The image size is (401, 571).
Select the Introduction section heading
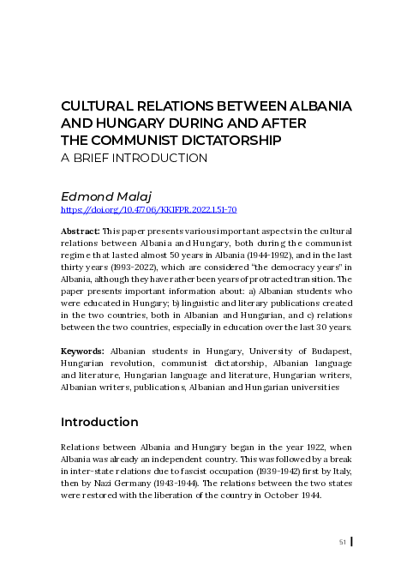click(99, 422)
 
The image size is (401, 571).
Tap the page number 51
click(343, 542)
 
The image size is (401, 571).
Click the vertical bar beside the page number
click(352, 542)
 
